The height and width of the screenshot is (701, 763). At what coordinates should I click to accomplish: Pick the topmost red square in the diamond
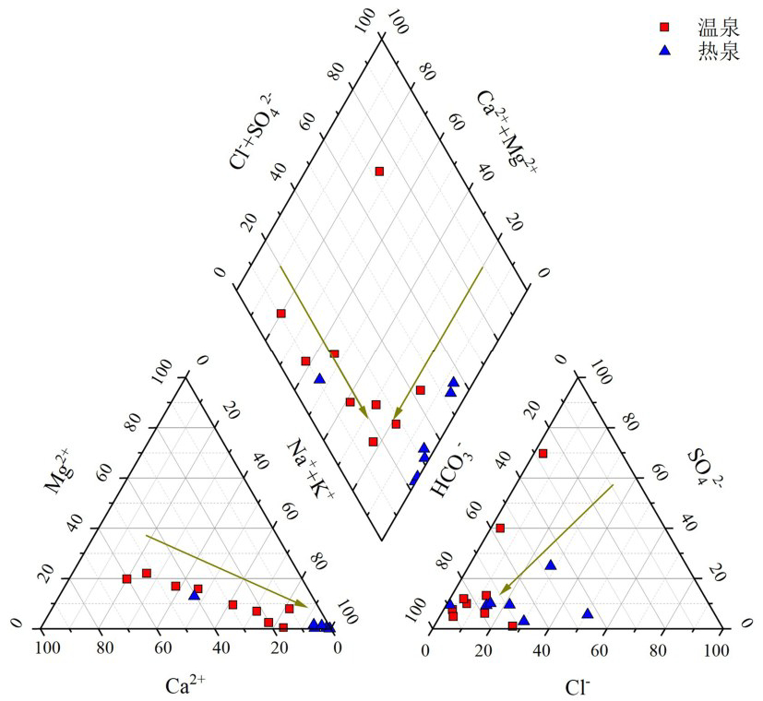click(379, 171)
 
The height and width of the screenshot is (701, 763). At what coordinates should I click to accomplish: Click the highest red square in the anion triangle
click(543, 453)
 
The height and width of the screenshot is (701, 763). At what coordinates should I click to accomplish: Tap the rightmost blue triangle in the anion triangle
click(588, 613)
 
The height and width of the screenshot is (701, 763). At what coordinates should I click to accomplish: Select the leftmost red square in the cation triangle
click(126, 578)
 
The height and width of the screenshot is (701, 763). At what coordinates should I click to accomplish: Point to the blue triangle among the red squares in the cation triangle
click(194, 595)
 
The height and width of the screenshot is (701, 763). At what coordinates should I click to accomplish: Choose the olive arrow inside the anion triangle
click(556, 539)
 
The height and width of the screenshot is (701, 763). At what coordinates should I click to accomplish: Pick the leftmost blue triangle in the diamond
click(319, 378)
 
